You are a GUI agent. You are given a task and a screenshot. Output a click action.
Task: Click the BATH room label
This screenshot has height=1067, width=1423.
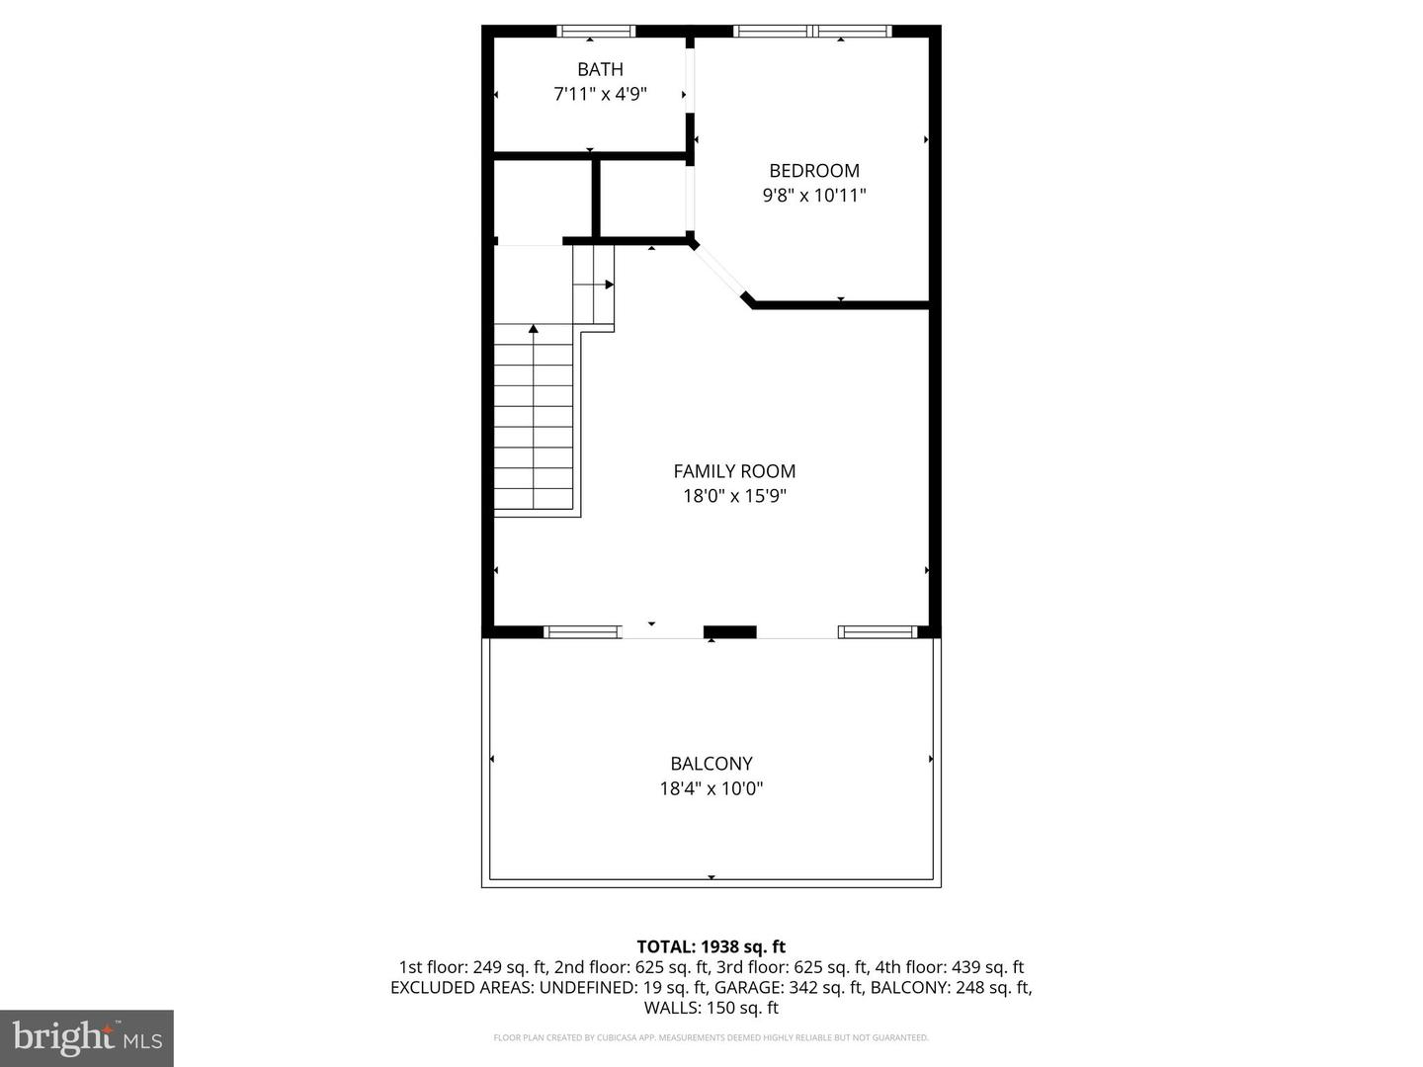[x=600, y=69]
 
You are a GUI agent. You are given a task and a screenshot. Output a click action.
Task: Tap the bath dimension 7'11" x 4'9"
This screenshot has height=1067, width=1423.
[x=600, y=95]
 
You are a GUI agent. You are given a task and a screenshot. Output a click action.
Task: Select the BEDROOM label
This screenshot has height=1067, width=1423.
[x=814, y=170]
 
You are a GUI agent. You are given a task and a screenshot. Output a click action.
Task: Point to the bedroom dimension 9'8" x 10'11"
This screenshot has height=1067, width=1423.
[x=814, y=196]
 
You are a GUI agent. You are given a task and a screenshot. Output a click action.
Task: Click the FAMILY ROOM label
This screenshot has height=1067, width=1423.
[x=734, y=471]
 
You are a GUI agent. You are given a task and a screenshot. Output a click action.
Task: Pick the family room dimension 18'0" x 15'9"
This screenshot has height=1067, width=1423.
[x=734, y=496]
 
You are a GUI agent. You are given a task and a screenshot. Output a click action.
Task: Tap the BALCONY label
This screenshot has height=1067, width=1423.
[x=711, y=763]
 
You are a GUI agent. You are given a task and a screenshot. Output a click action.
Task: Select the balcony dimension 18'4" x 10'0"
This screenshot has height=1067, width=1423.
[x=711, y=788]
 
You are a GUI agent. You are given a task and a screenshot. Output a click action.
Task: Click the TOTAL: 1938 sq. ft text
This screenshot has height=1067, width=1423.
[x=711, y=946]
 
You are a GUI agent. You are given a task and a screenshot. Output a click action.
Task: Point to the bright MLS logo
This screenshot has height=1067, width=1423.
[x=87, y=1037]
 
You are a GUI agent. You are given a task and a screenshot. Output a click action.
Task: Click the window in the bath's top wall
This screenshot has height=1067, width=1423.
[x=596, y=32]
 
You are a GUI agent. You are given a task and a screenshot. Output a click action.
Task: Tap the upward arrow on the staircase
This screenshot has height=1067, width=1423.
[x=534, y=328]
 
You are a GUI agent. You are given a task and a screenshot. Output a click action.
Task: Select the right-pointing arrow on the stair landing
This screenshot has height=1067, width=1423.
[x=609, y=285]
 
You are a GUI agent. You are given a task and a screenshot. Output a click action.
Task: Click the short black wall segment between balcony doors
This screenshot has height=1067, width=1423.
[x=729, y=632]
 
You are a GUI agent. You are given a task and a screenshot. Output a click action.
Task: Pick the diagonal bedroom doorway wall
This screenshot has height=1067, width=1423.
[x=721, y=271]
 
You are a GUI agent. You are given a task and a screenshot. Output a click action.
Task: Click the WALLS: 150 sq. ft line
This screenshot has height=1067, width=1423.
[x=711, y=1008]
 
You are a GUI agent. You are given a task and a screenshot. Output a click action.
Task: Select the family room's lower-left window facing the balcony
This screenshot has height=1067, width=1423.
[x=582, y=632]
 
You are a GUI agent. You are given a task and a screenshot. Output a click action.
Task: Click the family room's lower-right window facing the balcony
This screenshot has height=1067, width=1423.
[x=878, y=632]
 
